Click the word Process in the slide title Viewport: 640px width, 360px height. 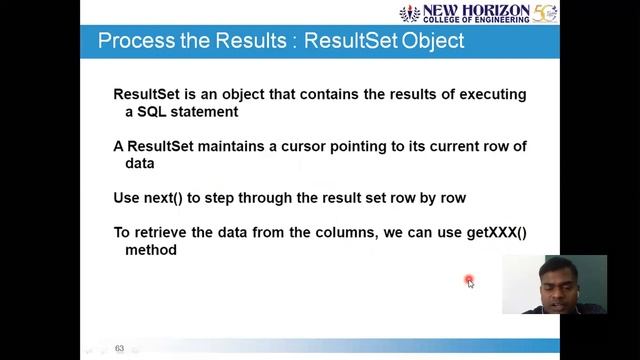coord(130,41)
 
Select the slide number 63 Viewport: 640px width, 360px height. coord(119,349)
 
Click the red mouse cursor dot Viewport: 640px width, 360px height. coord(469,281)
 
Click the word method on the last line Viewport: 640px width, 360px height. coord(151,250)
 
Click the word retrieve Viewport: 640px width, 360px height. coord(161,233)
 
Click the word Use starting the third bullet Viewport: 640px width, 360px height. coord(127,198)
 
